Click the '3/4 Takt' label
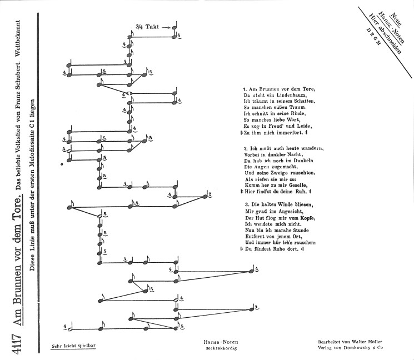[147, 27]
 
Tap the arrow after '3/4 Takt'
[166, 27]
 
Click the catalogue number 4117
[17, 343]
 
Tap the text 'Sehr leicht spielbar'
[73, 346]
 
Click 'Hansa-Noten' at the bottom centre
[221, 342]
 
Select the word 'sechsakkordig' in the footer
[221, 348]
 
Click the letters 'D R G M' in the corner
[373, 36]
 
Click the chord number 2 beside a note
[210, 194]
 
